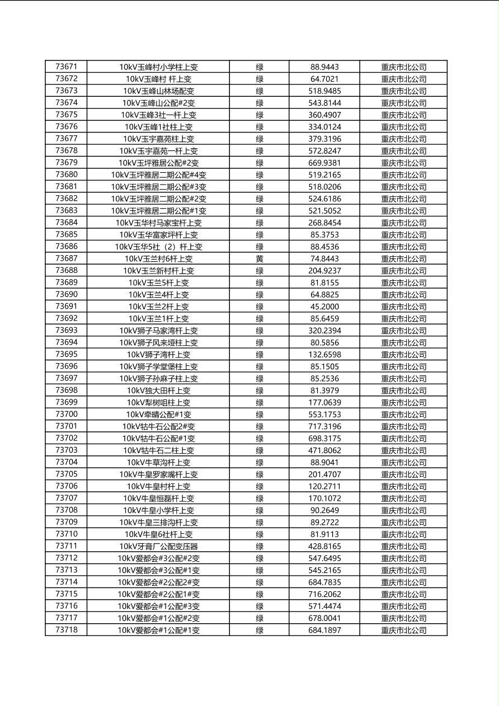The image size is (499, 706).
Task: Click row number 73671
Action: click(x=67, y=67)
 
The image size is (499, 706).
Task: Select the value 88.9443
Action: click(x=324, y=67)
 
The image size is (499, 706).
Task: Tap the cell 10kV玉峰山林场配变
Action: click(x=158, y=91)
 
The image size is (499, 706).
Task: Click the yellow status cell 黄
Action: click(x=260, y=258)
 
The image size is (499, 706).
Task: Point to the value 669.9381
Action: click(x=324, y=163)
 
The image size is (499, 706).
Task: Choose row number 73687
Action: click(x=67, y=258)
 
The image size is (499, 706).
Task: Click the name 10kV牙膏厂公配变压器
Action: click(x=158, y=546)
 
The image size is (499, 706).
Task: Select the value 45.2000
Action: click(x=324, y=307)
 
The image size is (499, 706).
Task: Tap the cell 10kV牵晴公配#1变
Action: click(x=158, y=415)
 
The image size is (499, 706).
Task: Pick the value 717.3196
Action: click(x=324, y=426)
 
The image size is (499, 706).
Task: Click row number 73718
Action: click(x=67, y=630)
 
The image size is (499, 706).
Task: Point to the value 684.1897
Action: click(x=324, y=630)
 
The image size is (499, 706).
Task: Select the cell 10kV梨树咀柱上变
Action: click(x=158, y=402)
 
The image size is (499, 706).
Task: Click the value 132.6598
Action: click(x=324, y=355)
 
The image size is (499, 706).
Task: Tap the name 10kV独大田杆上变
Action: click(x=158, y=390)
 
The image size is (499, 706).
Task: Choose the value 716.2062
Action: click(x=324, y=594)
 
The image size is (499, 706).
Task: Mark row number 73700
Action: click(x=67, y=415)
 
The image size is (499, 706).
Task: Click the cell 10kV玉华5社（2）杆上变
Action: click(x=158, y=247)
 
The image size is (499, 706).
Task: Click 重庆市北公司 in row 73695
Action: click(x=403, y=355)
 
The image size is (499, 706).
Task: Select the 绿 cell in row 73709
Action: click(x=260, y=522)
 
